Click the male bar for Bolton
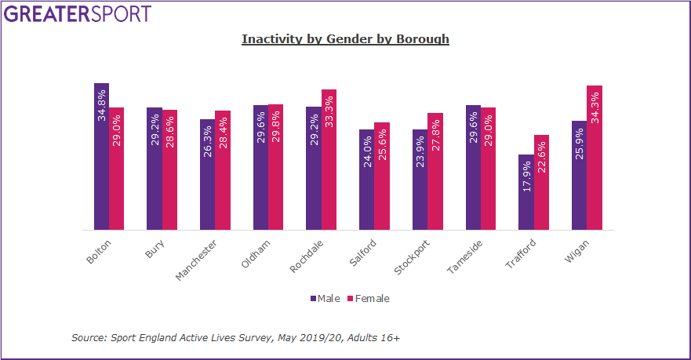101,157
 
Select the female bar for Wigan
595,158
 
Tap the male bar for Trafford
526,192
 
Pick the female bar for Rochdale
329,160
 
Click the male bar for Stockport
420,180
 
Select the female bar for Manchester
223,170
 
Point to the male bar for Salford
366,180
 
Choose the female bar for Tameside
488,169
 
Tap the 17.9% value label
526,176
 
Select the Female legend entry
368,299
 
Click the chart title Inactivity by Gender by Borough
345,39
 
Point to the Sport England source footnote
235,337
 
